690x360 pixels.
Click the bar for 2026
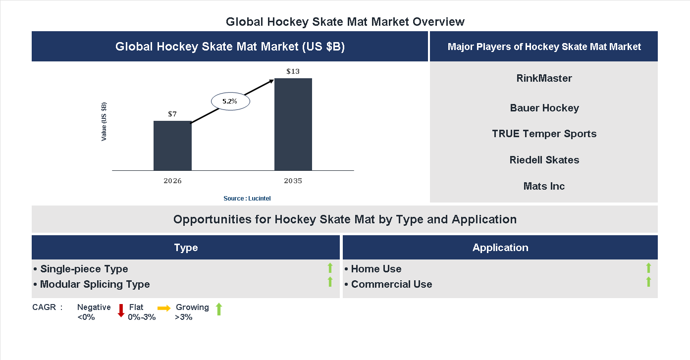172,146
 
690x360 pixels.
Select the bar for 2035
293,124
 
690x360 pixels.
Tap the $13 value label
293,71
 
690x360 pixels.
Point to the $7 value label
172,114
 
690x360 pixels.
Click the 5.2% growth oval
230,101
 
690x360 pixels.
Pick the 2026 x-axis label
172,181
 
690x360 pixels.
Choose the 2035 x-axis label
293,181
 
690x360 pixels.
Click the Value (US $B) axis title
104,122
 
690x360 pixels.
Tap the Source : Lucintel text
247,198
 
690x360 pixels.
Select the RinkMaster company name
544,78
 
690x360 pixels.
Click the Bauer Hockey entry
544,108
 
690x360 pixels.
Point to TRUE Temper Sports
544,134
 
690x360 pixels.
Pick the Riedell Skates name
544,160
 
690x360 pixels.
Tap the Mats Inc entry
544,186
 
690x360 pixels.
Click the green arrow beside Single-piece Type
330,268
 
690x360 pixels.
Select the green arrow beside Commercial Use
648,282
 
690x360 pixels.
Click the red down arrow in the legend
121,310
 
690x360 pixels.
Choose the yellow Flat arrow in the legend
164,308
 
